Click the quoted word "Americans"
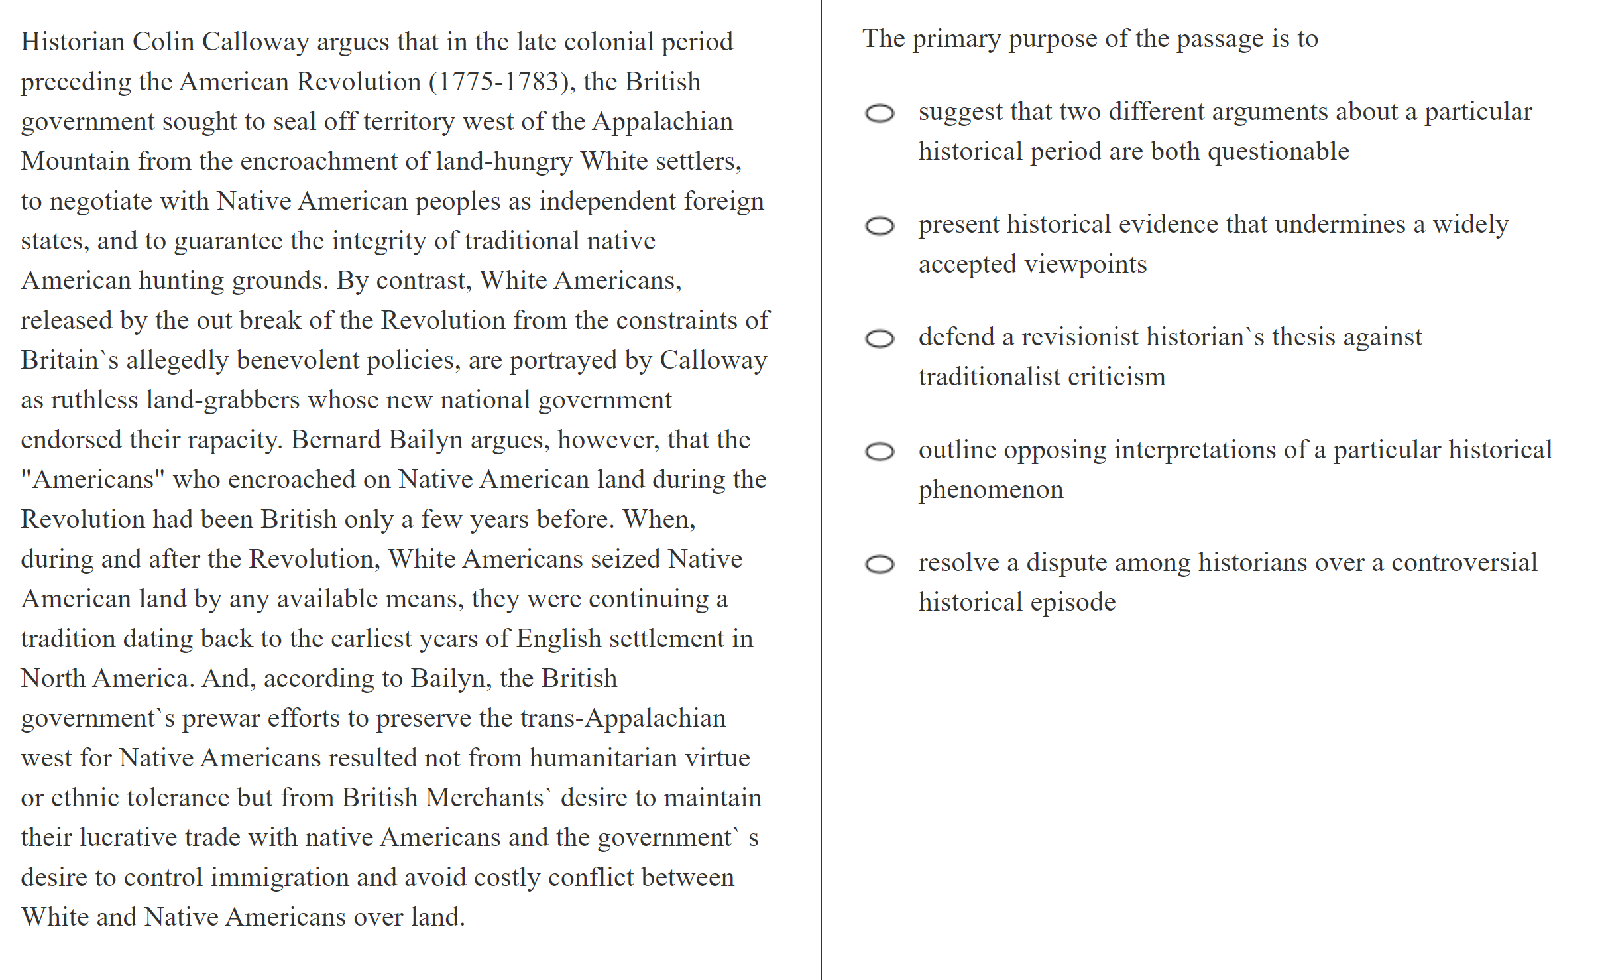click(x=93, y=479)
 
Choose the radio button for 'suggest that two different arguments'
click(x=880, y=113)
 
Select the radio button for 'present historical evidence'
click(x=880, y=226)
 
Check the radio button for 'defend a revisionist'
click(x=880, y=339)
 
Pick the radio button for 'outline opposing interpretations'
click(x=880, y=452)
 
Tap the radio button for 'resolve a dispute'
click(x=880, y=564)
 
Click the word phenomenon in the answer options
click(x=990, y=490)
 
